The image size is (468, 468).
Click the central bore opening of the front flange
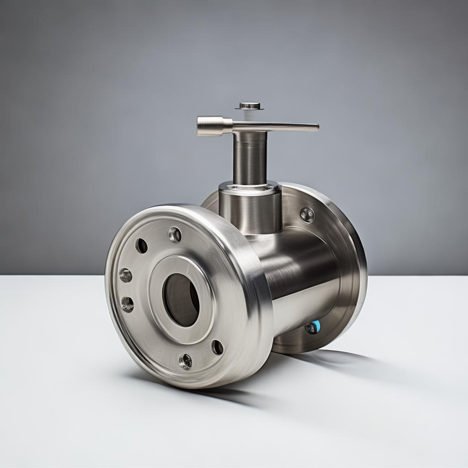click(x=181, y=300)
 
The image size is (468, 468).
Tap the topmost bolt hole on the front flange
click(x=175, y=235)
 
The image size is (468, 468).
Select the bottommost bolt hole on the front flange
click(x=185, y=361)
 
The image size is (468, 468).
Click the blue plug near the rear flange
click(x=314, y=326)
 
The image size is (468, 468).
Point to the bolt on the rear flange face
click(x=307, y=215)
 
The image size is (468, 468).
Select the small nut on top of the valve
click(x=250, y=106)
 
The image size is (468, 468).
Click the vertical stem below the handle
click(x=250, y=158)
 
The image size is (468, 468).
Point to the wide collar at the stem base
click(x=250, y=206)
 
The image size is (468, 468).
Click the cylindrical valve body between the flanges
click(x=302, y=274)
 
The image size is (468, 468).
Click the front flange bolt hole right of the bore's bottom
click(x=217, y=347)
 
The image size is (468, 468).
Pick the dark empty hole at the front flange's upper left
click(x=141, y=246)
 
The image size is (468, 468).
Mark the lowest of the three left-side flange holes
click(x=127, y=304)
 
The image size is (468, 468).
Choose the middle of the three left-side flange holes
click(x=125, y=275)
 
